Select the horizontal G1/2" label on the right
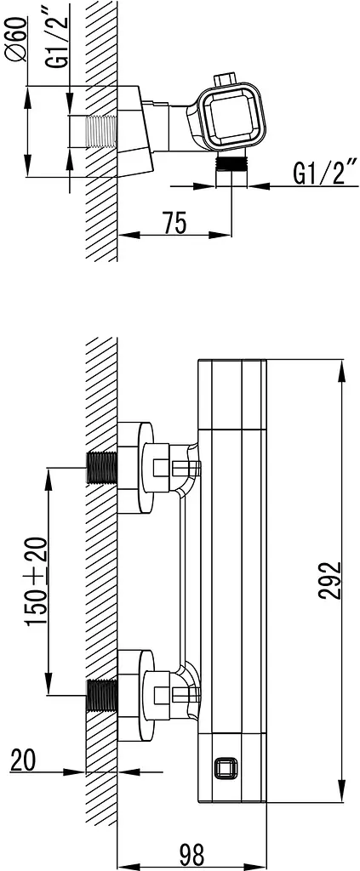[x=325, y=174]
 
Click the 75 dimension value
[x=174, y=223]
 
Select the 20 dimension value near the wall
[x=23, y=761]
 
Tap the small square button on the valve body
[x=225, y=769]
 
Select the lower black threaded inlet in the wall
[x=102, y=695]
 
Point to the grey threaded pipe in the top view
[x=101, y=132]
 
